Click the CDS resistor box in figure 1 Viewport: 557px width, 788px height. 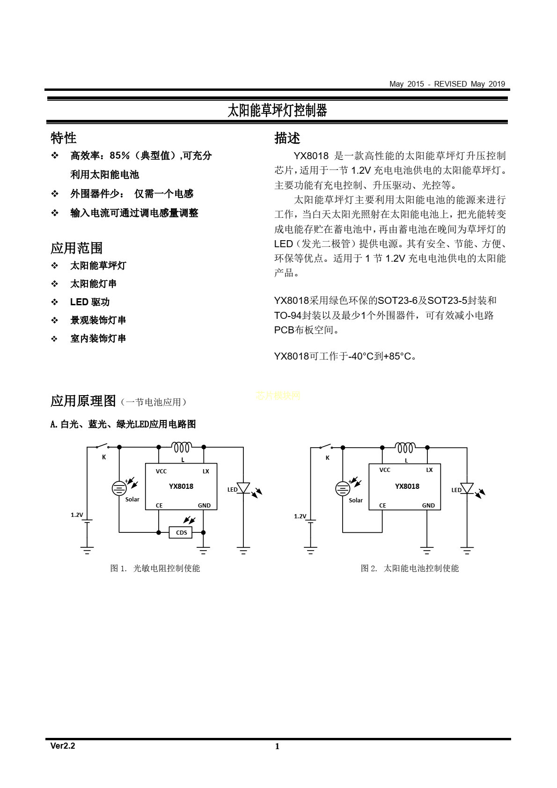(x=181, y=532)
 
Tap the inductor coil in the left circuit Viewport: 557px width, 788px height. (x=182, y=448)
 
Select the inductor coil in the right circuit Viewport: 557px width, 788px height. (x=405, y=448)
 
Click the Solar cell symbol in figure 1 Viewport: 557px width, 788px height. (x=120, y=488)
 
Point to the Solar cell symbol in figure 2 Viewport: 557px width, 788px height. (x=343, y=489)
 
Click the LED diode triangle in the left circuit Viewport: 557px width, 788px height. (x=243, y=488)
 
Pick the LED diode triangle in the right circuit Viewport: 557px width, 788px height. (x=467, y=488)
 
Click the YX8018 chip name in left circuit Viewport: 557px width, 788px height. (x=181, y=486)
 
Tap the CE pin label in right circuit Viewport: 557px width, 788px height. (x=382, y=506)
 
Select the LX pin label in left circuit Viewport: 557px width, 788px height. (x=205, y=471)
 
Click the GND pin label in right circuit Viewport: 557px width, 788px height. (x=428, y=506)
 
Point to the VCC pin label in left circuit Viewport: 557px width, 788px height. (x=161, y=471)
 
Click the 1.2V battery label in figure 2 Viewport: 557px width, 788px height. (x=300, y=516)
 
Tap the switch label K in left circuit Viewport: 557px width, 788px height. (x=104, y=457)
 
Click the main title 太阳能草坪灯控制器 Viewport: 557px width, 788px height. (x=277, y=110)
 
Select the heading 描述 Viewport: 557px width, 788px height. (x=287, y=138)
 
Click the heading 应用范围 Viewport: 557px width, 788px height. (x=76, y=248)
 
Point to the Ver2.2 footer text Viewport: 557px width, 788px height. (x=63, y=746)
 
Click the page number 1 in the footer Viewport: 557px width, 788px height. (x=277, y=746)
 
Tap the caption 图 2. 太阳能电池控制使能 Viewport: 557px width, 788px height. (x=410, y=568)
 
